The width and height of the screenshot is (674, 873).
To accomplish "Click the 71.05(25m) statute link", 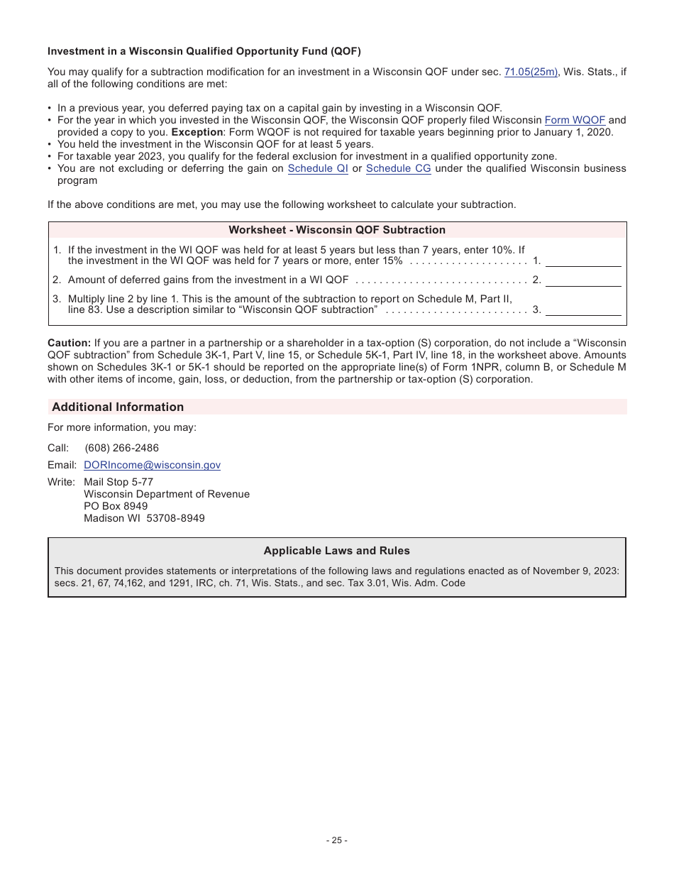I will tap(531, 72).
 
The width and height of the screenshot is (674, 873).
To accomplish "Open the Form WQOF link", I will tap(575, 121).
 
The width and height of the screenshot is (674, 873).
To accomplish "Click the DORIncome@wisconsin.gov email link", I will tap(152, 465).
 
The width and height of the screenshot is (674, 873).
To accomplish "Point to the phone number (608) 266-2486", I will tap(121, 448).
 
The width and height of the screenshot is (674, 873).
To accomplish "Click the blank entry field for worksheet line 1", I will tap(583, 260).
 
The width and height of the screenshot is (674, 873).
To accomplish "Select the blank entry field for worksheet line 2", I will tap(583, 280).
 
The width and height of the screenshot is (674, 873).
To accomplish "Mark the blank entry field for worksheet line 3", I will tap(583, 309).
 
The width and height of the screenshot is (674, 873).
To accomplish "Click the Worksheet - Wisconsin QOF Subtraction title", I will tap(337, 230).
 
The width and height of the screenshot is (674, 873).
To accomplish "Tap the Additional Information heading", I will tap(118, 407).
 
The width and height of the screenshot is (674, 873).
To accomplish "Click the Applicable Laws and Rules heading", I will tap(337, 551).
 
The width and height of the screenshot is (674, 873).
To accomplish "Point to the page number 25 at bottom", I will tap(337, 840).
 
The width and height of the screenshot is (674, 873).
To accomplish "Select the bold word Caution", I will tap(69, 343).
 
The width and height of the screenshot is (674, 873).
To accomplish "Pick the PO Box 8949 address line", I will tap(116, 506).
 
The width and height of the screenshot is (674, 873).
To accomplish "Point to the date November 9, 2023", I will tap(575, 571).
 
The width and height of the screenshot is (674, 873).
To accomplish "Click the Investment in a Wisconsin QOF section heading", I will tap(204, 51).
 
